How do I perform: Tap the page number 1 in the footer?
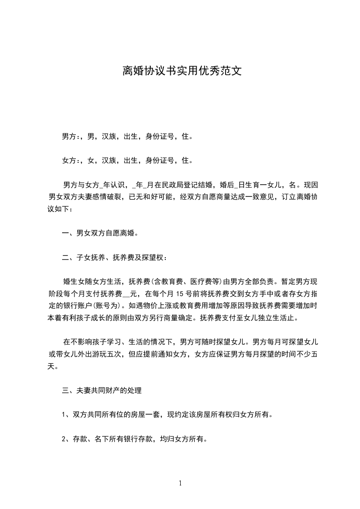[180, 483]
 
